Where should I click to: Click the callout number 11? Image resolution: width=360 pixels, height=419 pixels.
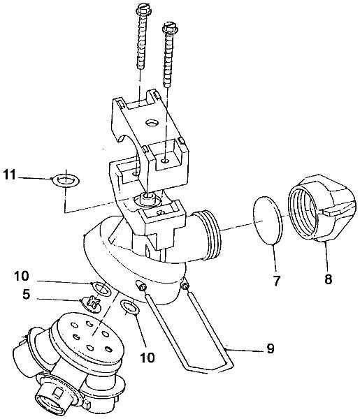pos(10,175)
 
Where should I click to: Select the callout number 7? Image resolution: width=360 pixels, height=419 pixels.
pos(277,281)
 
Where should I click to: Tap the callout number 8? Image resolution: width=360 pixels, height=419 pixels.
pos(328,279)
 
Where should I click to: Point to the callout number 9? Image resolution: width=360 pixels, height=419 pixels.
pos(271,348)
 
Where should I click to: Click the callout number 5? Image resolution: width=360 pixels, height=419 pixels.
pos(26,295)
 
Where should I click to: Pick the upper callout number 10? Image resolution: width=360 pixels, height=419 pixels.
pos(22,276)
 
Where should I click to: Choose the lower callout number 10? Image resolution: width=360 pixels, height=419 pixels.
pos(147,357)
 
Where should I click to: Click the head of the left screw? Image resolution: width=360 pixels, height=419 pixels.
pos(144,10)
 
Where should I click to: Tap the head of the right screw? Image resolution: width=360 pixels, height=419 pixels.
pos(170,27)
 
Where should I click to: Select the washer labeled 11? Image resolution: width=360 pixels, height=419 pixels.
pos(66,181)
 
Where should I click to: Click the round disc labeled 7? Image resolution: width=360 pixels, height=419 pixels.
pos(268,221)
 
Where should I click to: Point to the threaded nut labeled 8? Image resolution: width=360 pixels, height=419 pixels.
pos(322,208)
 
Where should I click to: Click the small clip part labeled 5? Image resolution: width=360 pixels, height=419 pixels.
pos(92,302)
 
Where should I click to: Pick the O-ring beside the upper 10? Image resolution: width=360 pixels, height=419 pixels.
pos(101,289)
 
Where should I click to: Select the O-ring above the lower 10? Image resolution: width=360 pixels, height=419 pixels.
pos(130,307)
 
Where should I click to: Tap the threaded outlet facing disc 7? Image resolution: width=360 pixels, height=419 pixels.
pos(208,235)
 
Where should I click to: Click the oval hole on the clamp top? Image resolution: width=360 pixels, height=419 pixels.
pos(152,123)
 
